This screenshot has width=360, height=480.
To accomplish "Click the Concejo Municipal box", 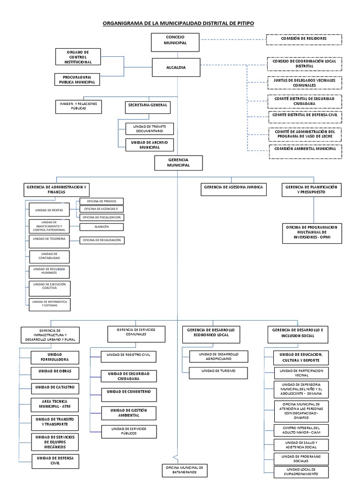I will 176,40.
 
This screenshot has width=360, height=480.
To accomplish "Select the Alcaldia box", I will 176,67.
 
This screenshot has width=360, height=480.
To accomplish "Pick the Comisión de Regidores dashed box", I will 303,38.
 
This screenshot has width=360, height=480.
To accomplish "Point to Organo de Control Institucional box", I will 78,57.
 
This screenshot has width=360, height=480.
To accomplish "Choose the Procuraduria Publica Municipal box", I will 77,79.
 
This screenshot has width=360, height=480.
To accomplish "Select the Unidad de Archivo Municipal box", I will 146,144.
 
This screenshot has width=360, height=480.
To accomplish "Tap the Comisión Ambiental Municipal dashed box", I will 305,149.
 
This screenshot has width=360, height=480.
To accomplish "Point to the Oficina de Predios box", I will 101,201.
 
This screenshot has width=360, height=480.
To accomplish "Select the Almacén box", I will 101,227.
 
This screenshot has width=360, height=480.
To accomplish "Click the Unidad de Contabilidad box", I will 49,256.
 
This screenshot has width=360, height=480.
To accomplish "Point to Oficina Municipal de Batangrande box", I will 183,470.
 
